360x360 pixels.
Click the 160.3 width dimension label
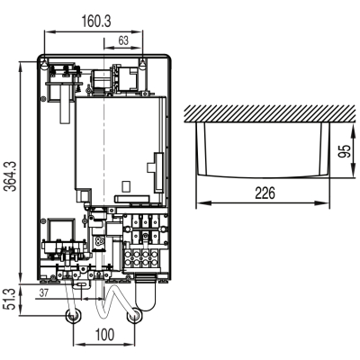pyautogui.click(x=96, y=22)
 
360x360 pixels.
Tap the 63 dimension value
pyautogui.click(x=123, y=40)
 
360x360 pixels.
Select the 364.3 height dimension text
pyautogui.click(x=12, y=175)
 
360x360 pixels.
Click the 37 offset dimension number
pyautogui.click(x=44, y=292)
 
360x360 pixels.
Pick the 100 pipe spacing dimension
pyautogui.click(x=104, y=335)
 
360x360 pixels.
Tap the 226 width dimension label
pyautogui.click(x=265, y=193)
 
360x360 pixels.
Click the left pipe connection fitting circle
pyautogui.click(x=74, y=316)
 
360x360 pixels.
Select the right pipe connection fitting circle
pyautogui.click(x=134, y=316)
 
